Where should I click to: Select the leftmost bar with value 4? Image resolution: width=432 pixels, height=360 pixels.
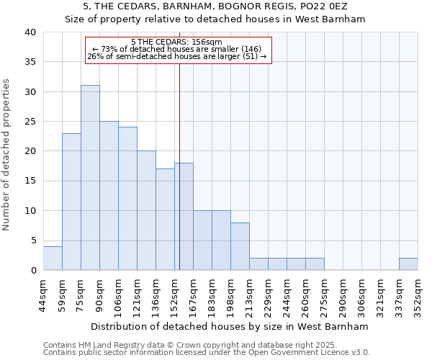tap(53, 258)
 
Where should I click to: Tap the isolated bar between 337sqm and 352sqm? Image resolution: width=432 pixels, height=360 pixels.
tap(408, 264)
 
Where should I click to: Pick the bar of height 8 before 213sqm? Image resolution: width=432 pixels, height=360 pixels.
tap(240, 246)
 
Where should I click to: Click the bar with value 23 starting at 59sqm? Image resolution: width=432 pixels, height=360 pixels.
tap(71, 202)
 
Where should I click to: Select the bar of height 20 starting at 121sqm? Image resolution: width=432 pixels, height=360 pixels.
tap(146, 210)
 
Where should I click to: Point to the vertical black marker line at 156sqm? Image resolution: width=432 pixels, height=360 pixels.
tap(179, 166)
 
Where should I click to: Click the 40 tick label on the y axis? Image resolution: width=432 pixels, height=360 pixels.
tap(30, 32)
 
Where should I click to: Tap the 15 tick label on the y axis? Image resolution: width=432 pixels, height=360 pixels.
tap(30, 181)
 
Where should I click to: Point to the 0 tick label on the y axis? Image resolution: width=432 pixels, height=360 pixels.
tap(32, 271)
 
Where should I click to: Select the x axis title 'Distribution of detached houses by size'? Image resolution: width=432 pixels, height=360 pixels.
tap(230, 326)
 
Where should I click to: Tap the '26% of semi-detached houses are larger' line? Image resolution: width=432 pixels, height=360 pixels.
tap(176, 56)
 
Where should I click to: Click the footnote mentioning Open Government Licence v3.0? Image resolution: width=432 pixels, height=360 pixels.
tap(207, 352)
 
